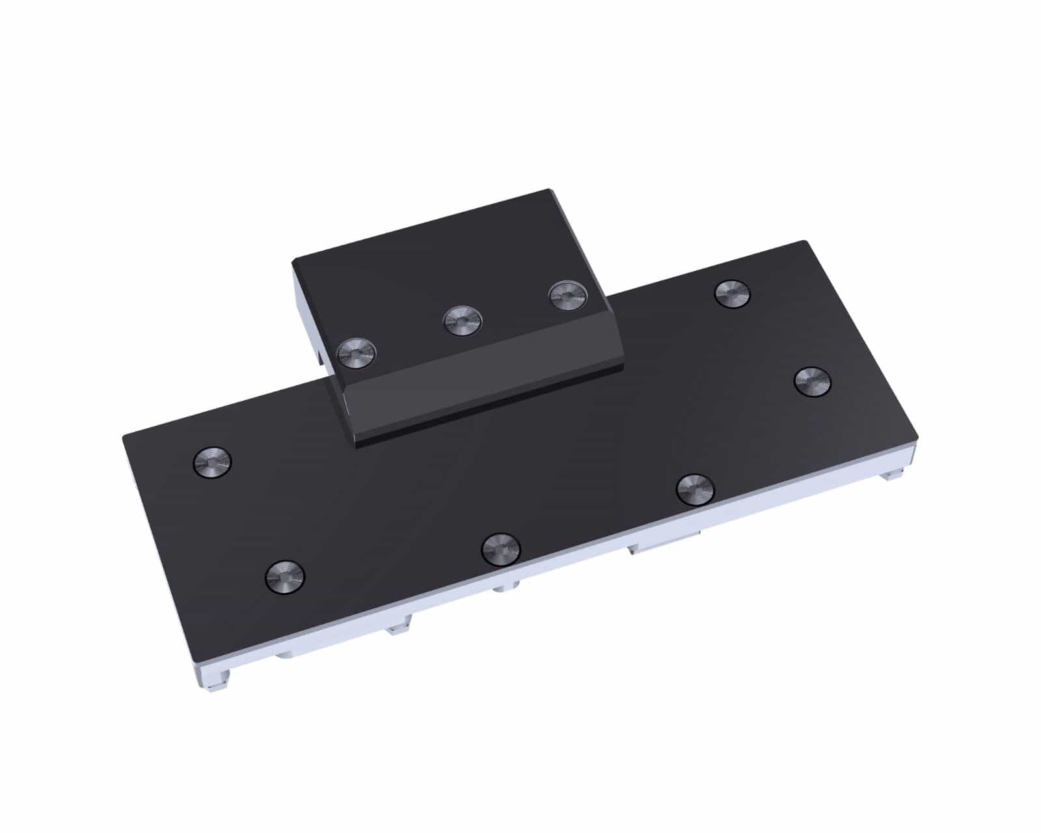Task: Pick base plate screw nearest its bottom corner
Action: (285, 576)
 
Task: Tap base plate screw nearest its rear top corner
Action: (732, 294)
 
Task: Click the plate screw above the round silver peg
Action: (501, 549)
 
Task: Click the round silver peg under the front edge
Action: (504, 589)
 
